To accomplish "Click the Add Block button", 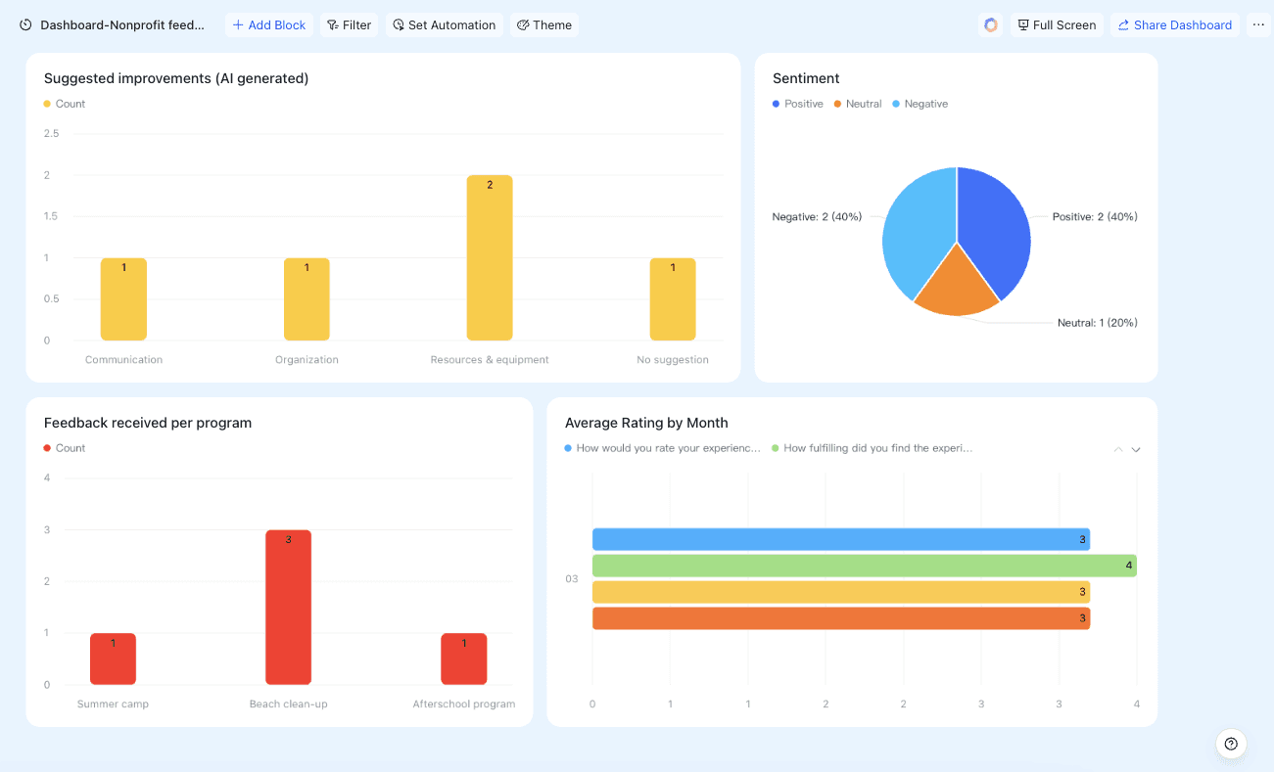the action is tap(269, 25).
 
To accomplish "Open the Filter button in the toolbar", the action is tap(350, 25).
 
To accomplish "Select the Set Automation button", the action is tap(445, 25).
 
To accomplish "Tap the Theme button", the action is tap(544, 25).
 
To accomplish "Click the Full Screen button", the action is tap(1057, 25).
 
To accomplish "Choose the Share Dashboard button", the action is tap(1174, 25).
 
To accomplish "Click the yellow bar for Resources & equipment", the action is tap(490, 257).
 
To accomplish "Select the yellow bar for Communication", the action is tap(123, 299).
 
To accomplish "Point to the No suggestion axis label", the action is tap(673, 359).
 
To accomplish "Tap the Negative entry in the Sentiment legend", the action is tap(920, 104).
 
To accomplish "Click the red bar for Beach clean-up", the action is tap(288, 608).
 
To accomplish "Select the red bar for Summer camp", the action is tap(113, 658).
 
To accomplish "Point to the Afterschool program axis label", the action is tap(463, 704).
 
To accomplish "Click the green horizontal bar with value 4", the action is tap(865, 566).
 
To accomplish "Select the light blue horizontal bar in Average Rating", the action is tap(841, 539).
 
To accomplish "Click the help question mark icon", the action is tap(1231, 744).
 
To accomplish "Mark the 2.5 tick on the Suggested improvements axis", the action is tap(51, 134).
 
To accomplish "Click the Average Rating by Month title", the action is tap(646, 423).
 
